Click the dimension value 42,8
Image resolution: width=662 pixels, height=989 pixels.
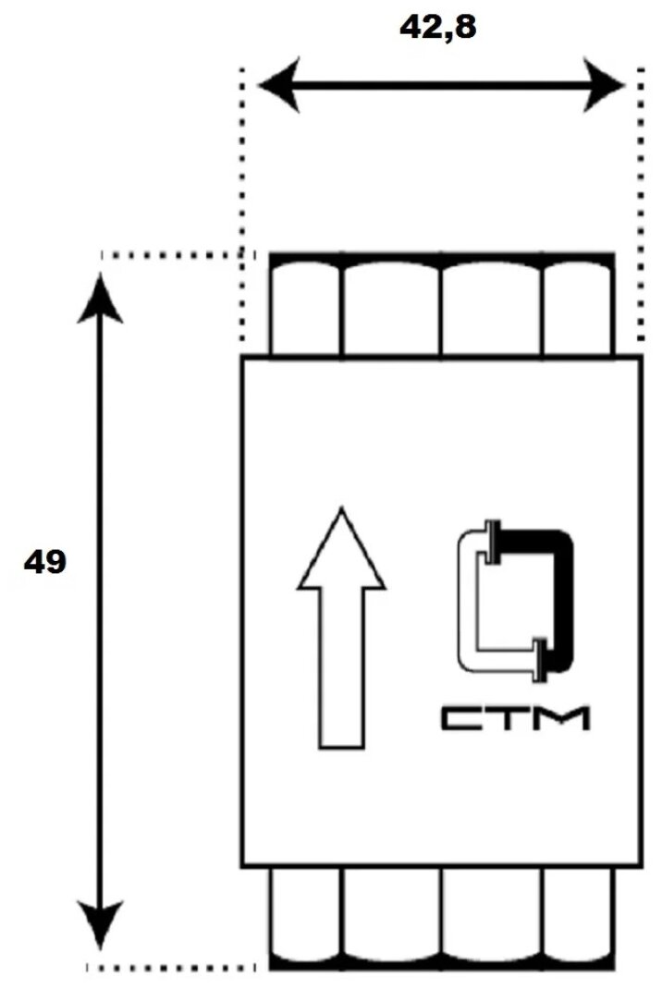(437, 28)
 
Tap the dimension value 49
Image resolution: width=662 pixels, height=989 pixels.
(44, 563)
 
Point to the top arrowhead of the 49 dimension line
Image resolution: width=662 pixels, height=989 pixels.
(101, 296)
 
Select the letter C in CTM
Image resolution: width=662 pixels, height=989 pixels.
(460, 719)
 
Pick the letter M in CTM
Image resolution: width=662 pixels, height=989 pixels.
(565, 719)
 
